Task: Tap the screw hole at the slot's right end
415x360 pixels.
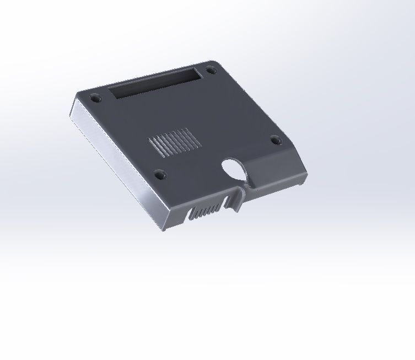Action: click(x=211, y=70)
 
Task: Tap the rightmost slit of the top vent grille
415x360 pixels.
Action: click(x=190, y=135)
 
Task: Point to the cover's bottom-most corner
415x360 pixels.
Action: click(x=164, y=230)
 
